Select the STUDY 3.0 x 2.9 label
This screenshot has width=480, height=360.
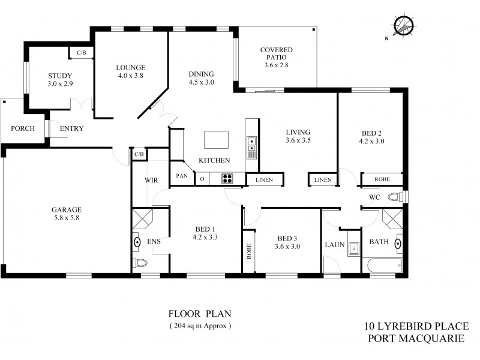60,80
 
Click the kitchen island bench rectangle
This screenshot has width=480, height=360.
216,139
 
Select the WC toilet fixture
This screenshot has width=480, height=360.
396,196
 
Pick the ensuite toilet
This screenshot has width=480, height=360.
139,263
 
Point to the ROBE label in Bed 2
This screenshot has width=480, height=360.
381,179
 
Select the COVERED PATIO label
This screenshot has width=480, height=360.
276,57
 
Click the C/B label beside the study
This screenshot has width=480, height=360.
81,53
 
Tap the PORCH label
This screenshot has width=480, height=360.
23,128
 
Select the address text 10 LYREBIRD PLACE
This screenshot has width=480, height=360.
416,326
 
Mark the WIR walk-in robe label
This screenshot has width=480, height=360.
150,179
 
